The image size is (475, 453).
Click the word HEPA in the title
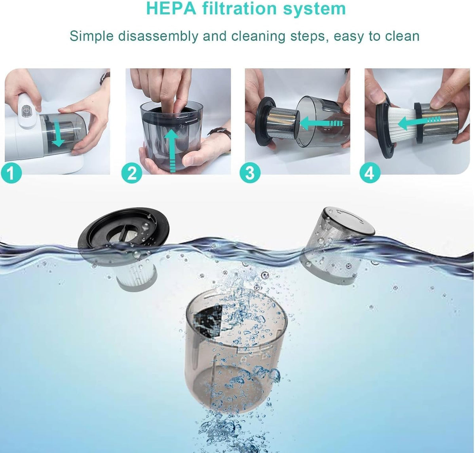coord(171,8)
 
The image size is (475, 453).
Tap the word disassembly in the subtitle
coord(158,36)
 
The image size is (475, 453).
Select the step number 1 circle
coord(11,172)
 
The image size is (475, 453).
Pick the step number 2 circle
coord(132,172)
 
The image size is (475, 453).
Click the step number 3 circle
coord(250,172)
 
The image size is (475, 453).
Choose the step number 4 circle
coord(370,172)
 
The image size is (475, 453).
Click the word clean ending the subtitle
coord(402,36)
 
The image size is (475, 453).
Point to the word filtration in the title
coord(239,8)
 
